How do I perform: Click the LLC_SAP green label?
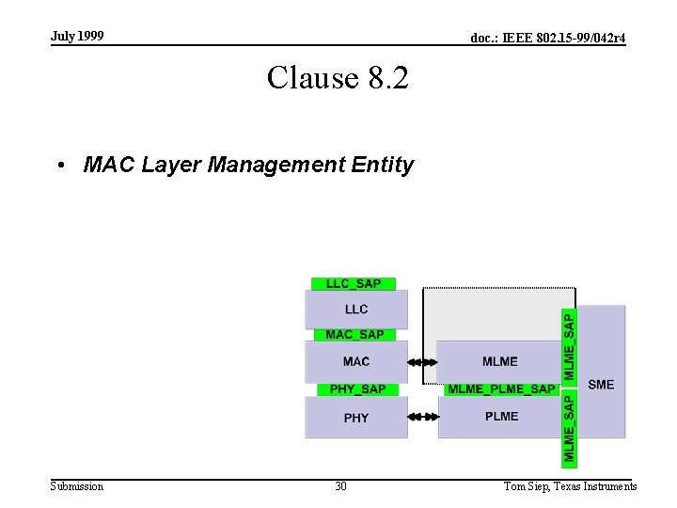click(x=354, y=284)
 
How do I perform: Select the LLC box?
click(x=356, y=309)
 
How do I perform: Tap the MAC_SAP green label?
click(x=354, y=335)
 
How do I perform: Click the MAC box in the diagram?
click(x=356, y=361)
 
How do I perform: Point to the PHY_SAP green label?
click(x=357, y=389)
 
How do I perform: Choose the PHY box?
click(x=356, y=418)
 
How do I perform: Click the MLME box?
click(x=500, y=361)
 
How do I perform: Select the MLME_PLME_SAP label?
click(x=501, y=389)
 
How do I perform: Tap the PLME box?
click(x=501, y=416)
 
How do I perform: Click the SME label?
click(x=601, y=384)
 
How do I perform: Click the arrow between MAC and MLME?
click(x=423, y=362)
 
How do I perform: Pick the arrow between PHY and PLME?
click(x=423, y=417)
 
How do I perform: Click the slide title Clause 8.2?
click(x=338, y=77)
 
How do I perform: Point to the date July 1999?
click(x=77, y=36)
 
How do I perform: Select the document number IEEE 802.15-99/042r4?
click(x=548, y=38)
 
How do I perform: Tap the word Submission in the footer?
click(x=77, y=486)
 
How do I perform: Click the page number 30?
click(x=340, y=486)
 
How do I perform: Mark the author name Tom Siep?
click(x=528, y=486)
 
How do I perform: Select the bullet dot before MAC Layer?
click(x=59, y=166)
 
